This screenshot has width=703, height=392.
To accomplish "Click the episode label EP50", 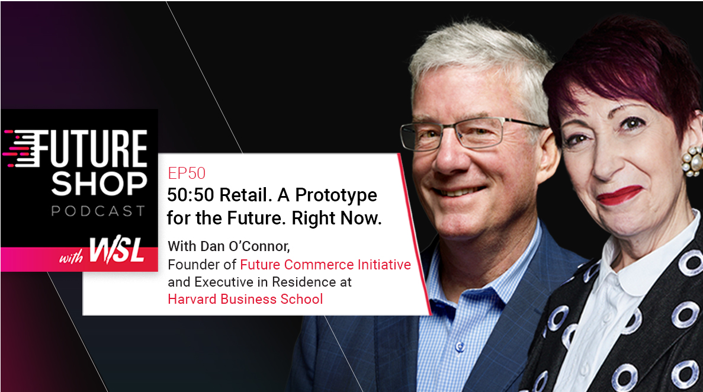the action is click(x=187, y=173).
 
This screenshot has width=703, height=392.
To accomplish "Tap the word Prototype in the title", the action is click(x=336, y=195).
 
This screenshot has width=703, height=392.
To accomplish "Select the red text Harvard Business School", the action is click(x=245, y=299).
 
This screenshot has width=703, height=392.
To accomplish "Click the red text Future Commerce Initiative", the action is click(x=326, y=265).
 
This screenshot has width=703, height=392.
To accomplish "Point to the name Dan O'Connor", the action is click(x=245, y=246).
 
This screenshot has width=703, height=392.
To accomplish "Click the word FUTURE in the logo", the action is click(x=87, y=149).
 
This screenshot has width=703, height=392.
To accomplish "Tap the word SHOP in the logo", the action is click(x=99, y=184).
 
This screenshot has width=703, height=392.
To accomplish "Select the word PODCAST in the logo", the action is click(x=98, y=211).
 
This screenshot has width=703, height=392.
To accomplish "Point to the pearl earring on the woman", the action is click(x=693, y=161).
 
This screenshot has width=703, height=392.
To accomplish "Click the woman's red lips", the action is click(x=619, y=195).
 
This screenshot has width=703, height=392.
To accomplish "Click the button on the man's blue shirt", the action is click(x=460, y=346).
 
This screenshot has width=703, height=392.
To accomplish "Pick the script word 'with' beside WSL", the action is click(x=71, y=257).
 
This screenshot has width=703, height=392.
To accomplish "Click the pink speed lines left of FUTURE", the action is click(x=15, y=149).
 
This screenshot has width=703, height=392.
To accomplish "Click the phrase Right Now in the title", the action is click(x=337, y=219).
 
